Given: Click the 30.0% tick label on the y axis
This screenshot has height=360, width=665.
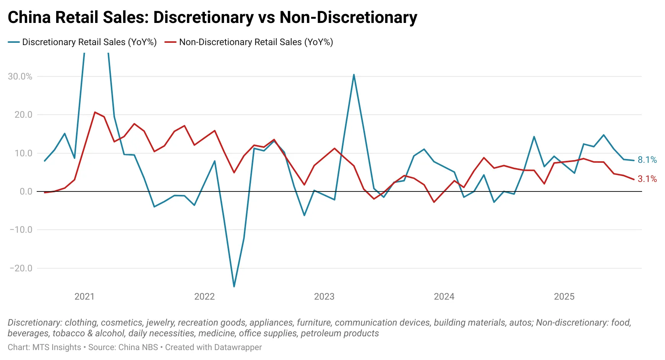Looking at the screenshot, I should (x=20, y=76).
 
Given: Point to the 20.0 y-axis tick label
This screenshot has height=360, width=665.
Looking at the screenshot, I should (x=23, y=115).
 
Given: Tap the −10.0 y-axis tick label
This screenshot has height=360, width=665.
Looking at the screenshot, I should (x=21, y=230).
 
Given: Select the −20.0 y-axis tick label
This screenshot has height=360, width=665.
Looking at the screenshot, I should (x=21, y=268).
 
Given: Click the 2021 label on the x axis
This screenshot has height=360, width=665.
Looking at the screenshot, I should (x=84, y=297).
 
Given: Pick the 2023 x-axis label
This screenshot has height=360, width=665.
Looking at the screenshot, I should (x=324, y=297).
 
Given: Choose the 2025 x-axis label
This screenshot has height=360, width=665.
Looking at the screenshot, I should (x=564, y=297).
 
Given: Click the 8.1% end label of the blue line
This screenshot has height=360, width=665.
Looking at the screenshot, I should (x=647, y=160).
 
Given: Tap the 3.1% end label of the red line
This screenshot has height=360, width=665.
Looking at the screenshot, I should (x=647, y=179).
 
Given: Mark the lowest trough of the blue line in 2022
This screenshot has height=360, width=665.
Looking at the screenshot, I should (x=234, y=286).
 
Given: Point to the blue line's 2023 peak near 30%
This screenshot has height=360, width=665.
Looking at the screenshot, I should (x=354, y=75).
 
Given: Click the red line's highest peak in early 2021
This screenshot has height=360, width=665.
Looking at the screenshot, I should (x=95, y=112).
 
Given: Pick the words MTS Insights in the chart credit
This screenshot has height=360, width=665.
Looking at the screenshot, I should (x=57, y=347).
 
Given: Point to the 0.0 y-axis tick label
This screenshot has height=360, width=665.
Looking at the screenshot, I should (x=26, y=191).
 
